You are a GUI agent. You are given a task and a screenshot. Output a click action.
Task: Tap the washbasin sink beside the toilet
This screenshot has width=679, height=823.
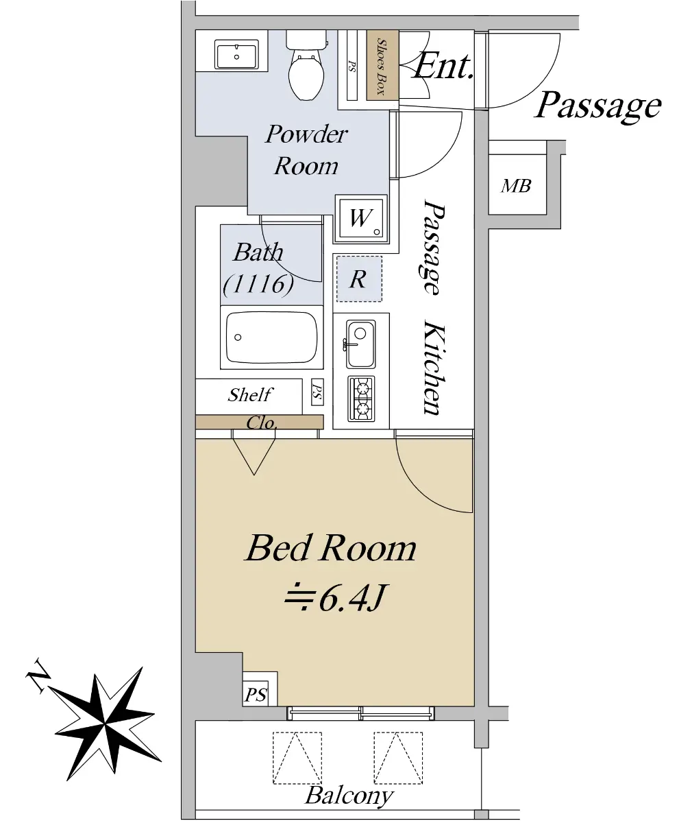click(236, 55)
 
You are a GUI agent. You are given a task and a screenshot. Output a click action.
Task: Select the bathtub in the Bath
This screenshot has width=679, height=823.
click(272, 337)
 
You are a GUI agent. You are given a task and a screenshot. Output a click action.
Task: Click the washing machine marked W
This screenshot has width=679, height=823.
click(361, 219)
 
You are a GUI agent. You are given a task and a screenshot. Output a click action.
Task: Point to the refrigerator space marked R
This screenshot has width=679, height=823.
click(359, 278)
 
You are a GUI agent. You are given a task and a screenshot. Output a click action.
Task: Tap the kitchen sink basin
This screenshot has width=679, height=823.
click(360, 344)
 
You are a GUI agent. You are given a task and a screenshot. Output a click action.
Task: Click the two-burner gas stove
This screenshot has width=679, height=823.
click(361, 398)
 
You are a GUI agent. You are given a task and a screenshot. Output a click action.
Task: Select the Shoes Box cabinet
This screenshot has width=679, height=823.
click(382, 65)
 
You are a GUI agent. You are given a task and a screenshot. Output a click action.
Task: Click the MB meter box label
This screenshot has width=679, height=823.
click(516, 186)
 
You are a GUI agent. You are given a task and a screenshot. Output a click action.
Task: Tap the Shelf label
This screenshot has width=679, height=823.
click(250, 394)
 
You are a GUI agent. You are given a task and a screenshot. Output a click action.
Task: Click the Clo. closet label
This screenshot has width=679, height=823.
click(262, 423)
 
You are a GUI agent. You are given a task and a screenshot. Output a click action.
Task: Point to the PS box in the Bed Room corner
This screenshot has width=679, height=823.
click(256, 695)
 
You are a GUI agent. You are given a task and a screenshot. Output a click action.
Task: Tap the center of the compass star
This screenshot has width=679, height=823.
click(104, 724)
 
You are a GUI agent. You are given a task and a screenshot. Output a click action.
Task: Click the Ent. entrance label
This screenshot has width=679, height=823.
click(442, 67)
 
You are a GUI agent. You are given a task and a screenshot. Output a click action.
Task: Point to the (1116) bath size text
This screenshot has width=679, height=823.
click(258, 284)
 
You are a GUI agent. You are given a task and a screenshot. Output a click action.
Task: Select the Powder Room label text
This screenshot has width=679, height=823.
click(306, 150)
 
